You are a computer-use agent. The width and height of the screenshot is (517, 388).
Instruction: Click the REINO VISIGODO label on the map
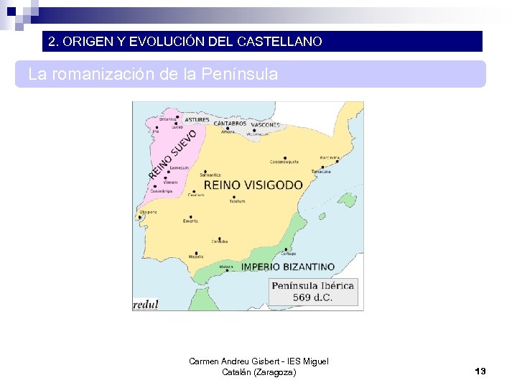(253, 185)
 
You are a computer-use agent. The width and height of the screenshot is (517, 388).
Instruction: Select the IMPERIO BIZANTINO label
(288, 267)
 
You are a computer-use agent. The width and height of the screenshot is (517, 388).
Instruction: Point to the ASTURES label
(197, 120)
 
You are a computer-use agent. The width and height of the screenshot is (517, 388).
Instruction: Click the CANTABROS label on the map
(230, 124)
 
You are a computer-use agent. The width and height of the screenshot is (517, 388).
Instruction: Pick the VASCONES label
(266, 125)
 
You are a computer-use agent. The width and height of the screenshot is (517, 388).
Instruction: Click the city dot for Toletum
(236, 195)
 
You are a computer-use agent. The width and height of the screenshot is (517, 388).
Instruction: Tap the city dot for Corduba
(220, 235)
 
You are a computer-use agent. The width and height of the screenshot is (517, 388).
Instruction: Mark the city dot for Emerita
(190, 216)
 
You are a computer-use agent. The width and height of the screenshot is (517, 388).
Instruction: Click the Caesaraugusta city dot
(285, 157)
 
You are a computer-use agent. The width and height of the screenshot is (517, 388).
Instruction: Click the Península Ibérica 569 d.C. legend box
(312, 291)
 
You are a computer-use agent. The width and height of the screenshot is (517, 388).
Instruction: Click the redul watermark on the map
(145, 304)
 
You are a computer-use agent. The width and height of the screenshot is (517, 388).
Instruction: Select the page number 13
(480, 371)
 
